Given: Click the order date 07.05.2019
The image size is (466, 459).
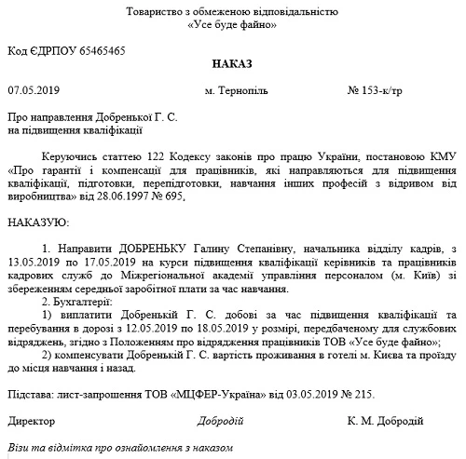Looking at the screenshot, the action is (33, 92).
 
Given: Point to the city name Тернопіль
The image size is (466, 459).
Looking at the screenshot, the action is (247, 92).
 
